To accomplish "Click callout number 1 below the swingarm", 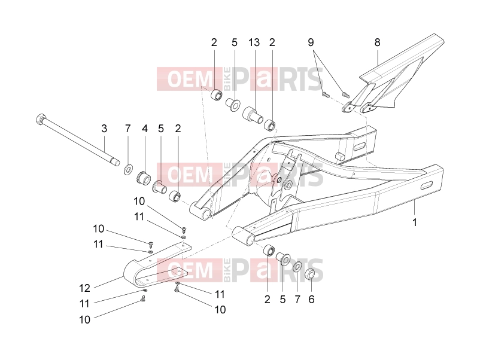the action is coord(415,222).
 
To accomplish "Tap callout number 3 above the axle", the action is coord(104,129).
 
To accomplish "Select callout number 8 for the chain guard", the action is coord(377,42).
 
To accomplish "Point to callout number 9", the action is coord(311,42).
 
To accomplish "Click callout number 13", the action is coord(254,42).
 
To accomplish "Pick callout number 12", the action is coord(85,288).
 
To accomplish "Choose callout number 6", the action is coord(311,300).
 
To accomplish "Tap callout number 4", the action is coord(145,129).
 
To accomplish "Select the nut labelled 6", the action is coord(310,274).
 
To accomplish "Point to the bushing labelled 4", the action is coord(143,176).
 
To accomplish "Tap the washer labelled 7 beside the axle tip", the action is coord(127,169).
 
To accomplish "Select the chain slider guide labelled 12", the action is coord(157,264).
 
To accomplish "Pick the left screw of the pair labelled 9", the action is coord(326,95).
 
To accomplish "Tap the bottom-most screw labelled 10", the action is coord(143,298).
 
